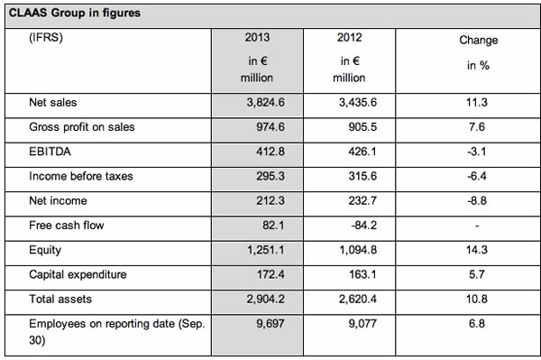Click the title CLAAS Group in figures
click(75, 14)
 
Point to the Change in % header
click(478, 52)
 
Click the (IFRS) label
click(46, 37)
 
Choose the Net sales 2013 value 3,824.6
click(265, 103)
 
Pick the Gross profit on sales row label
click(82, 127)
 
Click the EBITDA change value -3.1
click(476, 152)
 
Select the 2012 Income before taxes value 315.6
click(362, 176)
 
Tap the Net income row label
click(58, 200)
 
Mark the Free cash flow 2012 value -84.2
click(363, 226)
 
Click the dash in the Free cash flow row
click(477, 226)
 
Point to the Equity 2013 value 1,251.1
click(265, 250)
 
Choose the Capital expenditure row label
click(78, 274)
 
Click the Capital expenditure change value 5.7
click(477, 274)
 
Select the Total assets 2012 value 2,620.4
click(357, 299)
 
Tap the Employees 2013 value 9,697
click(270, 324)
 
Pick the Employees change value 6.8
click(477, 323)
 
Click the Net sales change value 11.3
click(477, 102)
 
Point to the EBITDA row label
click(50, 152)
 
